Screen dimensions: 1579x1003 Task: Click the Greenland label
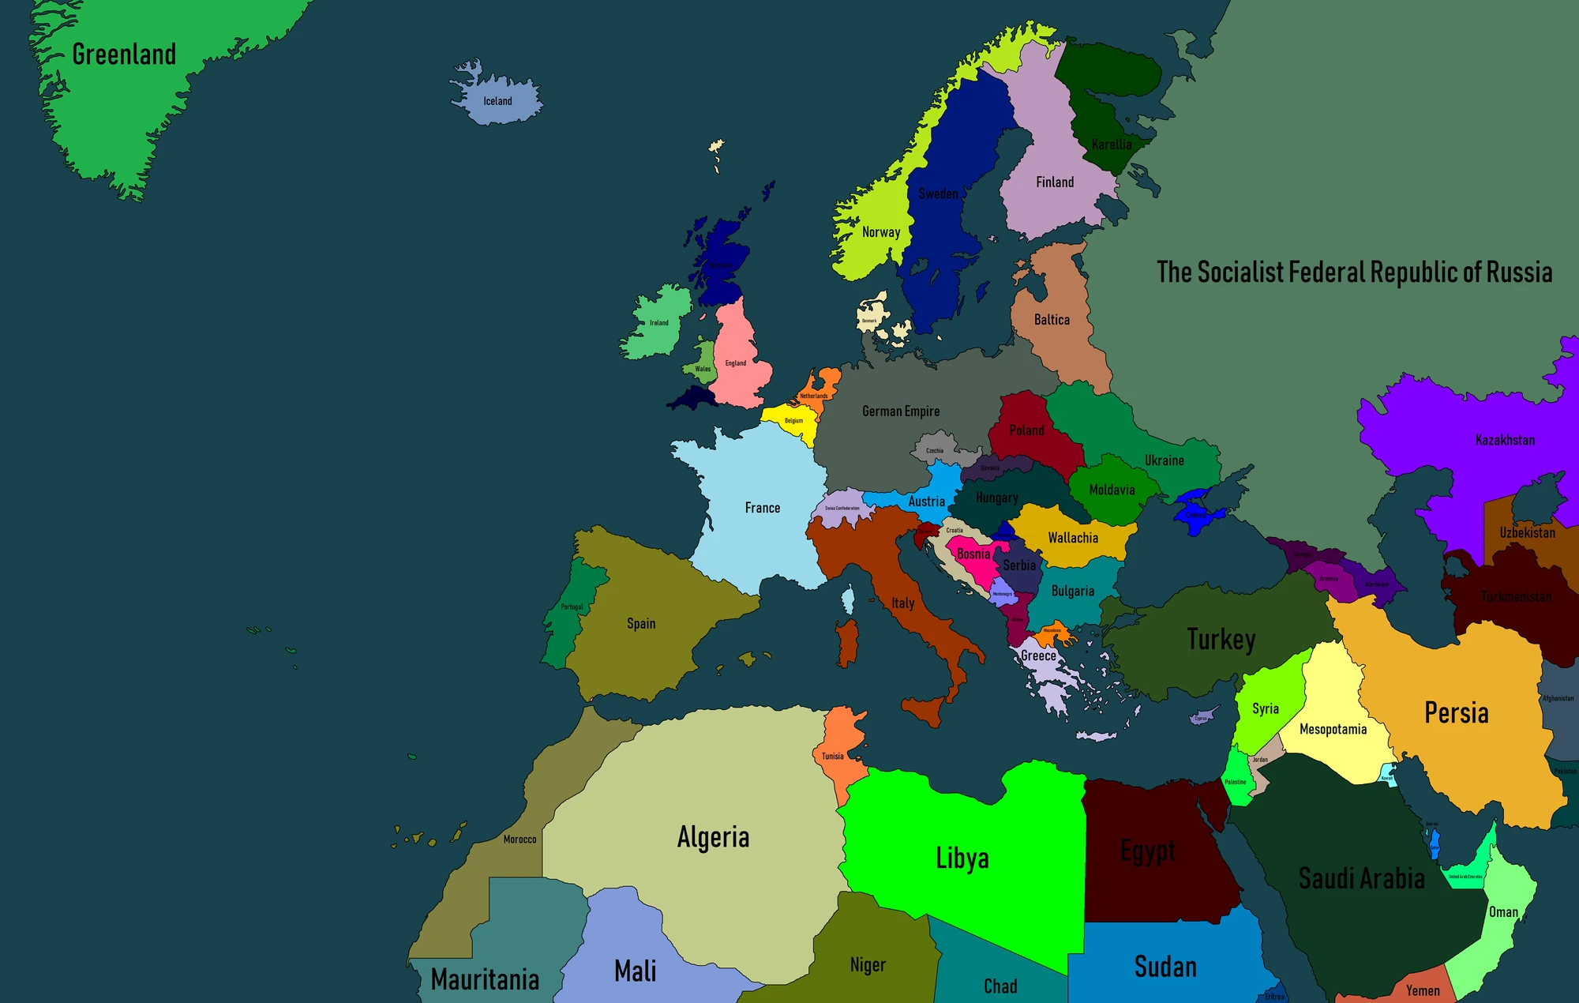point(124,54)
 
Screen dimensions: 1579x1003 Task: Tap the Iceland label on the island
point(497,101)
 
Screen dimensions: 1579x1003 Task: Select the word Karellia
point(1112,145)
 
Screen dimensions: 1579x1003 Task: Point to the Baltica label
point(1052,320)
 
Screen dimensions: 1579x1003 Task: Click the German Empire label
point(901,411)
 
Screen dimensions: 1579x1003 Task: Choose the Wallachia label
point(1073,538)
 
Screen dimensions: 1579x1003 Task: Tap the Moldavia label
point(1112,490)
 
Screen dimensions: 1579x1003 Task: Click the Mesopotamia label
point(1333,729)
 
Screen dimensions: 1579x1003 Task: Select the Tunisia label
point(832,756)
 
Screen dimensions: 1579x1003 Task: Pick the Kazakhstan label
point(1505,440)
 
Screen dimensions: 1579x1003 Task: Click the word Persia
point(1456,712)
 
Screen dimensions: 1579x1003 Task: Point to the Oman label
point(1503,912)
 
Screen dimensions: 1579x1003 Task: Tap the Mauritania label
point(485,980)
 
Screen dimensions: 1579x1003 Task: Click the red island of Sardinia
point(847,642)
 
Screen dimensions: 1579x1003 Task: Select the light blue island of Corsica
point(849,599)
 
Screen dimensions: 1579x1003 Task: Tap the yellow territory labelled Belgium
point(792,420)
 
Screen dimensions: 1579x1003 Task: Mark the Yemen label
point(1423,990)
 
